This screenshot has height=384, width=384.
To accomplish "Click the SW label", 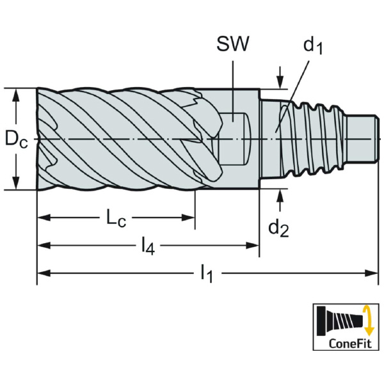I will [x=233, y=44].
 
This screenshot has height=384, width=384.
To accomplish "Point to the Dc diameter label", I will [x=16, y=139].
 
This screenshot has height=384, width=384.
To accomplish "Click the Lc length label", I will [x=115, y=218].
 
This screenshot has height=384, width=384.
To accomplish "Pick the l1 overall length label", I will [x=206, y=274].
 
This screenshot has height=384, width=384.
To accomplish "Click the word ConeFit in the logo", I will [x=347, y=342].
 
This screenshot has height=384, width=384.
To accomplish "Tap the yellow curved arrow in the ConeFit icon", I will [x=367, y=319].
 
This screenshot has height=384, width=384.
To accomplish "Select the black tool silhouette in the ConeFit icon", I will [x=339, y=319].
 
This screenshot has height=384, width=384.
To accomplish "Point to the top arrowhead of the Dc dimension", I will [x=17, y=93].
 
